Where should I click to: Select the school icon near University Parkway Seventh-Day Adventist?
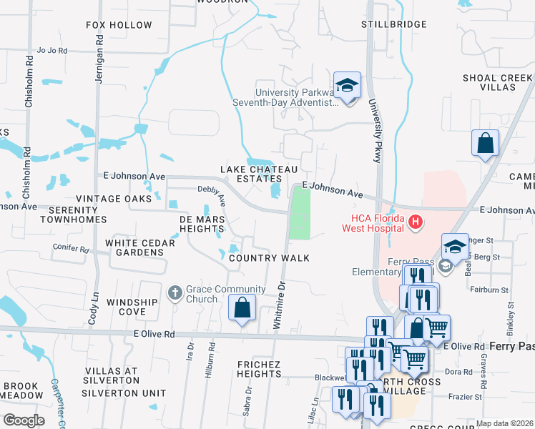point(347,86)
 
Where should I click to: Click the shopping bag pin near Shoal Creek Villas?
point(485,142)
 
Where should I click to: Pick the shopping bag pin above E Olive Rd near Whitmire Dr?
point(242,308)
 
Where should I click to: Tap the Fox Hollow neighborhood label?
point(119,25)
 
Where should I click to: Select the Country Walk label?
point(269,257)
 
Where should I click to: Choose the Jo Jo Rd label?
point(51,51)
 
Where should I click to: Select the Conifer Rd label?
point(70,250)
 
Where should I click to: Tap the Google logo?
point(24,420)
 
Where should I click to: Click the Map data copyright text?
point(504,423)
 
